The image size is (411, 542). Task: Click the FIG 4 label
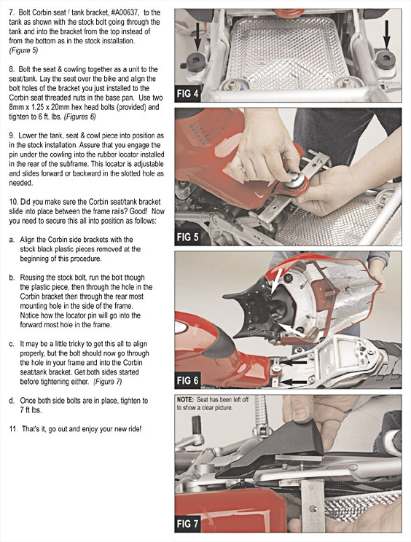point(188,93)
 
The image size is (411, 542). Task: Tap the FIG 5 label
point(188,237)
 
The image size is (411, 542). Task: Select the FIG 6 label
point(188,380)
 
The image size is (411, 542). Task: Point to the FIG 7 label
point(188,524)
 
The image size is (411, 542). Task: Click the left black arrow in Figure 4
point(197,36)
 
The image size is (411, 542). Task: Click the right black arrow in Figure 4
point(387,34)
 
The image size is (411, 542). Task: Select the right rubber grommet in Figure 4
point(385,60)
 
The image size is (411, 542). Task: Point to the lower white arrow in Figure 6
point(291,330)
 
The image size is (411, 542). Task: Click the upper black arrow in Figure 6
point(293,362)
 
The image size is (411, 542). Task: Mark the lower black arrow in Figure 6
point(293,382)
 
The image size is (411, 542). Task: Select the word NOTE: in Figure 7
point(185,400)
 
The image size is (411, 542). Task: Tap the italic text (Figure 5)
point(23,50)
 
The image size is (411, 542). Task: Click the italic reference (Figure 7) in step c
point(108,382)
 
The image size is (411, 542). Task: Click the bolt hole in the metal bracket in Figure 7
point(313,508)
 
